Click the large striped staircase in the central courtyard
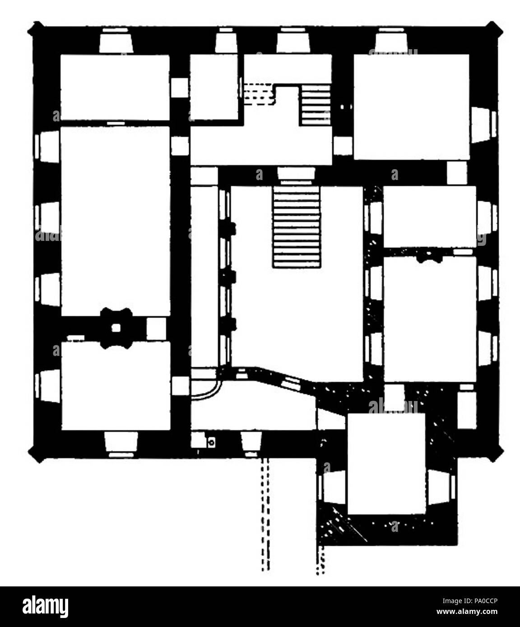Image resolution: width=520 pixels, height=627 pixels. (x=297, y=227)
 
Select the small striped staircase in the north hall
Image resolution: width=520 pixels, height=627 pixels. (x=316, y=105)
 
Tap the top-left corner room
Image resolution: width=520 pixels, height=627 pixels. (x=115, y=87)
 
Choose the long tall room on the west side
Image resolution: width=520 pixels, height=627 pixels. (x=115, y=221)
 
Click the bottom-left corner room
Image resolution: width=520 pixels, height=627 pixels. (x=116, y=386)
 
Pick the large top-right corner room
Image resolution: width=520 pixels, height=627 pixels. (x=411, y=106)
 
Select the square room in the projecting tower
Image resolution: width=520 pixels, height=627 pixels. (x=386, y=463)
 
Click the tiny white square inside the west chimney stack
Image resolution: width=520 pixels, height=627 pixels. (x=116, y=328)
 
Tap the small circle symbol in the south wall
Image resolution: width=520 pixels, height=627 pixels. (x=210, y=443)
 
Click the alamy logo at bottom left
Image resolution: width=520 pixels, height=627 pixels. (x=46, y=607)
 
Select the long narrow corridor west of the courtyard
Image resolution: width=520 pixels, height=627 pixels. (x=204, y=275)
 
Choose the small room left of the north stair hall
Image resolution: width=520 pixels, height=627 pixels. (x=214, y=87)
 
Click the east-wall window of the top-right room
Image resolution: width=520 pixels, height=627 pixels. (x=484, y=124)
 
